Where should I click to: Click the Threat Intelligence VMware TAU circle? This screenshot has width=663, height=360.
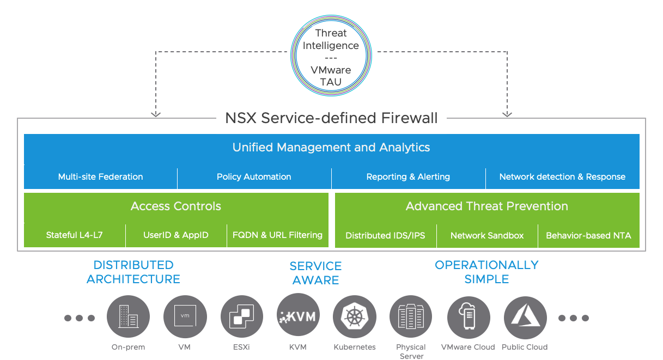331,58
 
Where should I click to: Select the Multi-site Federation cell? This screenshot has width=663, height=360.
101,177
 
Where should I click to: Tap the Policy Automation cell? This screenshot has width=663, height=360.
254,177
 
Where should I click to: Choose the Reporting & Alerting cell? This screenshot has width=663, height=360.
408,177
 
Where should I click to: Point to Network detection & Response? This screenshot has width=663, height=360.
562,177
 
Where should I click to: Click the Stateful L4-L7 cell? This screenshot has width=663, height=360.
75,235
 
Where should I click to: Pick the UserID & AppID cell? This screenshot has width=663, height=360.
176,235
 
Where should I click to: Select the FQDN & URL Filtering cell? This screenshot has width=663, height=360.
277,235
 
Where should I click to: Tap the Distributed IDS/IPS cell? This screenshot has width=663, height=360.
385,236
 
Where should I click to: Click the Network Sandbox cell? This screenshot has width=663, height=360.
487,236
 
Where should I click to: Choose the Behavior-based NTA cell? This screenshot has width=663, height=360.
588,236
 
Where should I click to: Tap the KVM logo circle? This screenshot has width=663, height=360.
298,316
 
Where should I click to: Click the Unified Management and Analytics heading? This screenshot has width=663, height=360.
331,147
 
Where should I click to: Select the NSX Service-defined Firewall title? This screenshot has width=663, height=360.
331,118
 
